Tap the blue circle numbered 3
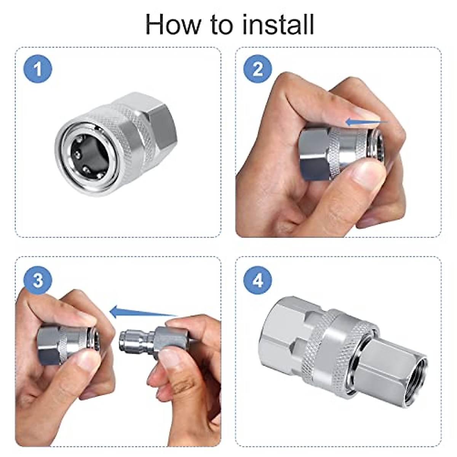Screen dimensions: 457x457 38,281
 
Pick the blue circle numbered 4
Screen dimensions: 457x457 258,281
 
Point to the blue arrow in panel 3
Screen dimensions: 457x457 143,312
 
